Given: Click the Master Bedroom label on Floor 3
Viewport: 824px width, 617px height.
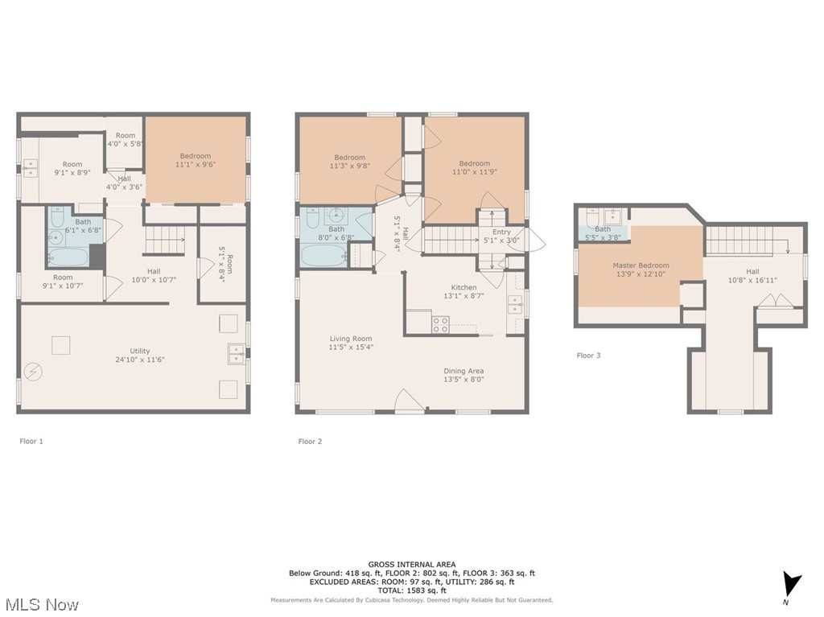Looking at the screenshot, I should click(641, 265).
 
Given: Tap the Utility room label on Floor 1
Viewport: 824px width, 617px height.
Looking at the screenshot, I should click(140, 352).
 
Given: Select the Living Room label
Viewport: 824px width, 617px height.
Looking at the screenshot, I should click(350, 339).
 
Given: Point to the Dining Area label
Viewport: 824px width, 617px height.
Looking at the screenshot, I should click(463, 371).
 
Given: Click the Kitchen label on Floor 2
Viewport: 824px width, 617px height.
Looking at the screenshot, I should click(463, 287).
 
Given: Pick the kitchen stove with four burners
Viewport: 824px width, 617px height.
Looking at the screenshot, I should click(441, 324).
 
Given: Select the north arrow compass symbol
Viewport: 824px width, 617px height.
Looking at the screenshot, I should click(792, 584).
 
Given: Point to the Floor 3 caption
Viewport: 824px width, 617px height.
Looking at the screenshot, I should click(588, 355).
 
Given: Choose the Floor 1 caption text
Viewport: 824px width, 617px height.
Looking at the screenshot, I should click(31, 441).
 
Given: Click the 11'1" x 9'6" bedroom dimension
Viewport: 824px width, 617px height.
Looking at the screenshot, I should click(196, 165).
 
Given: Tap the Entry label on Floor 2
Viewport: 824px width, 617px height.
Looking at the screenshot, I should click(501, 232).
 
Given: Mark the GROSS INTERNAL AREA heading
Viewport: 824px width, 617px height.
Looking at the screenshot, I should click(412, 564).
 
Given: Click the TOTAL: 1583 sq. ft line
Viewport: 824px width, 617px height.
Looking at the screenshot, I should click(412, 590).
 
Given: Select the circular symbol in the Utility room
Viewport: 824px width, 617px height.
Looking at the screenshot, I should click(32, 371).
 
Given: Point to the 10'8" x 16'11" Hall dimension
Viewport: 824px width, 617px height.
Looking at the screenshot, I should click(752, 281).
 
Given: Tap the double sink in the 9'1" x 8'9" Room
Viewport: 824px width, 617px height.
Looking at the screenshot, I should click(31, 167).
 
